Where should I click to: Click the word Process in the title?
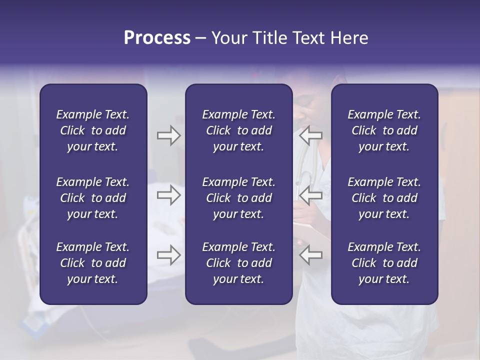point(157,38)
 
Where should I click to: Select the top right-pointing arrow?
point(168,135)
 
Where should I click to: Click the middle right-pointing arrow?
point(168,195)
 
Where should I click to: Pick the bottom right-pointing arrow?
point(168,255)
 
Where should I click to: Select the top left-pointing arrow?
point(310,135)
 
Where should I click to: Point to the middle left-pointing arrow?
point(310,195)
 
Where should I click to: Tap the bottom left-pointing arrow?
point(310,255)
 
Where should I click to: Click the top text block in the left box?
point(93,130)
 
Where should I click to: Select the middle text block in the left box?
point(93,198)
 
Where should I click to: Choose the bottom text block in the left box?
point(93,263)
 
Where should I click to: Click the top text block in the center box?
point(238,130)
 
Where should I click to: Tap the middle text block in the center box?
point(238,198)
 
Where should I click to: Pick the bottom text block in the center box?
point(238,263)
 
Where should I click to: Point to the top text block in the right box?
point(384,130)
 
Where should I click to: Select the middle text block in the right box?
point(384,198)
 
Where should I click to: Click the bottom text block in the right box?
point(384,263)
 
